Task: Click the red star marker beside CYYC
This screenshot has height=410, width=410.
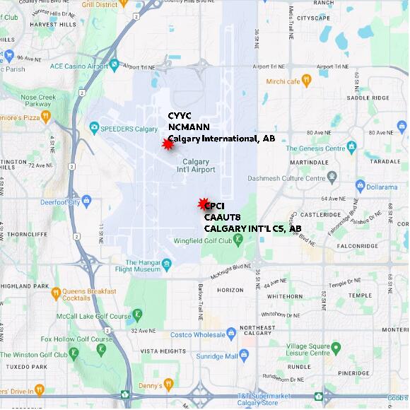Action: click(x=168, y=144)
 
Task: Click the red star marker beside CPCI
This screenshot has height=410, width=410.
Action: click(x=203, y=204)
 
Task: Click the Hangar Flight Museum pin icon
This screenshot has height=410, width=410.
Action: click(x=167, y=265)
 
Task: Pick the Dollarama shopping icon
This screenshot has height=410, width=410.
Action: click(x=360, y=186)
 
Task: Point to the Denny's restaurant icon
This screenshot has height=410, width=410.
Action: click(x=168, y=384)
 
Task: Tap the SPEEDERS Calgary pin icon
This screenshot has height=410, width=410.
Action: click(x=94, y=128)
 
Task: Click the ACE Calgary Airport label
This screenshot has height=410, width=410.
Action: click(x=78, y=66)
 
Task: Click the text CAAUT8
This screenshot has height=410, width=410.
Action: click(x=223, y=218)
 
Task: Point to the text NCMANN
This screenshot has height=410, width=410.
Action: click(x=189, y=127)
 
